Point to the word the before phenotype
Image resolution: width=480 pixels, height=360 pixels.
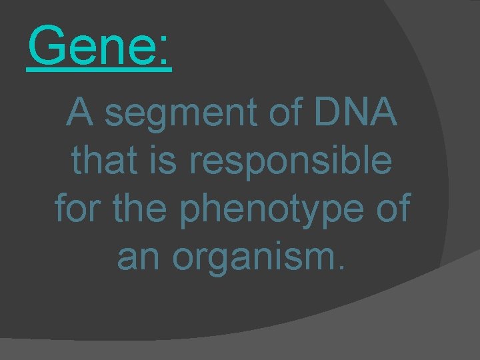(x=148, y=208)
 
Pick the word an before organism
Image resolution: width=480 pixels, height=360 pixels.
(x=138, y=257)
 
